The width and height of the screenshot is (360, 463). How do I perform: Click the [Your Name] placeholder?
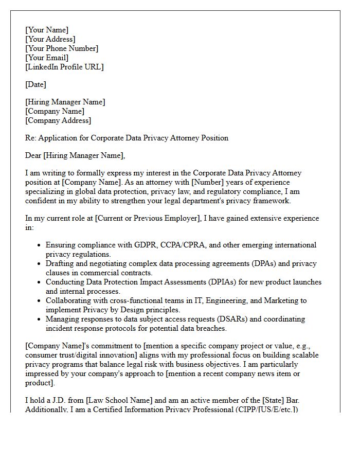[47, 30]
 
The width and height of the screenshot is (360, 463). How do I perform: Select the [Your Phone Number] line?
[62, 48]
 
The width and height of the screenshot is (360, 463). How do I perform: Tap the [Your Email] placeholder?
[47, 58]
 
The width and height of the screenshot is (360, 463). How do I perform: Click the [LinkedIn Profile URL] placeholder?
[64, 67]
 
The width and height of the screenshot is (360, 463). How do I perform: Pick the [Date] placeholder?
[35, 84]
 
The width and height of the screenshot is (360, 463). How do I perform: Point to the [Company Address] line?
[58, 120]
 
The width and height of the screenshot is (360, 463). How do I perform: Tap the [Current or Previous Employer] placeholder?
[147, 218]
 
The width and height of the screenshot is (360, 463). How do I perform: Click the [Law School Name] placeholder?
[119, 400]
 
